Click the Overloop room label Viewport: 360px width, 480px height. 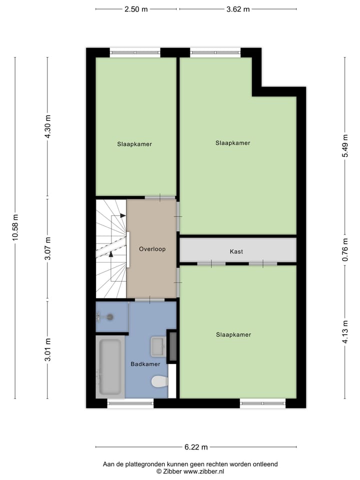152,248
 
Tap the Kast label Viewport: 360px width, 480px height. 236,251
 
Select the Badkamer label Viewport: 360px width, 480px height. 145,364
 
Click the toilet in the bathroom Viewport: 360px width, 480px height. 159,382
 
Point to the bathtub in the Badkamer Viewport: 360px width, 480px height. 110,366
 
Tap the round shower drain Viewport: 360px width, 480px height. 110,316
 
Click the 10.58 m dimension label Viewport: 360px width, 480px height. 15,228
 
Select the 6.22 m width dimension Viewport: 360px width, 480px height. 195,447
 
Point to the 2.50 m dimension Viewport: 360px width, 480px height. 136,9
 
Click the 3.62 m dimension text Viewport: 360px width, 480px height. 237,9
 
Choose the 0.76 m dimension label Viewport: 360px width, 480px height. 344,252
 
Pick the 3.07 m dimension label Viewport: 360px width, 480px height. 48,248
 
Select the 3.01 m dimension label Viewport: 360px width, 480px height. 48,350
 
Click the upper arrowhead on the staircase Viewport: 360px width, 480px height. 123,215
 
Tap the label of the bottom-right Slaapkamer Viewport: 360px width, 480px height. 233,334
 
